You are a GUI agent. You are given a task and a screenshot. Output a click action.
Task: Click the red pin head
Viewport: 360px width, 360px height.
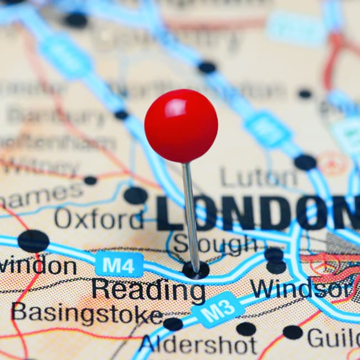(181, 126)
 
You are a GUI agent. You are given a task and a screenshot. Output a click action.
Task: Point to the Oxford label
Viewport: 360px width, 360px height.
(99, 219)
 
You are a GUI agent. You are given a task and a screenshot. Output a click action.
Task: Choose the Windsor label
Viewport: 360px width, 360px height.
(300, 289)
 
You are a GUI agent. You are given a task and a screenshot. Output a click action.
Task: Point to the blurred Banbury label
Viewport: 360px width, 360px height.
(55, 116)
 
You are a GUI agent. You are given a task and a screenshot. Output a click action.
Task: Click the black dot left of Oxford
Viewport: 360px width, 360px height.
(33, 241)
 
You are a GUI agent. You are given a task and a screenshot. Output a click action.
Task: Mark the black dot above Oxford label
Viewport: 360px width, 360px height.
(136, 195)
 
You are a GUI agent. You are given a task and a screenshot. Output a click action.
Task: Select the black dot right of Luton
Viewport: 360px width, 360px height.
(305, 162)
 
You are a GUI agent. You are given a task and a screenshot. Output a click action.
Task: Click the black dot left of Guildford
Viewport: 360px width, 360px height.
(292, 332)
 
